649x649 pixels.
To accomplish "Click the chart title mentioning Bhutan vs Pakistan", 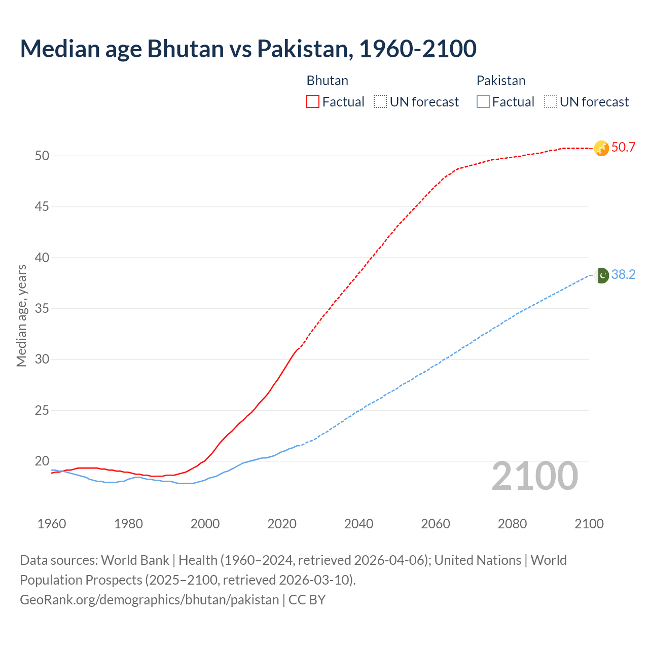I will (x=248, y=49).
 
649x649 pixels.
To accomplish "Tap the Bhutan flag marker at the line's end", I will (x=601, y=148).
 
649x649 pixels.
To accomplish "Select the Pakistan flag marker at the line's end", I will (x=602, y=275).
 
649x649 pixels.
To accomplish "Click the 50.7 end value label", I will (x=623, y=148).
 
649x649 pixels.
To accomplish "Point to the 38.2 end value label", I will (x=623, y=275).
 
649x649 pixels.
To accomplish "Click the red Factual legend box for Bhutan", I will (x=313, y=102).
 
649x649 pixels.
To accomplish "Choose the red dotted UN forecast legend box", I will (x=380, y=102).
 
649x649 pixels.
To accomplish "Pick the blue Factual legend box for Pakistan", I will (x=483, y=102).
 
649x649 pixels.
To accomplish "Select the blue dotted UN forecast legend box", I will (x=551, y=102).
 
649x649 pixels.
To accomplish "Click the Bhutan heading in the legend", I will (x=327, y=81).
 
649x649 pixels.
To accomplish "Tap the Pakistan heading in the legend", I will (x=500, y=81).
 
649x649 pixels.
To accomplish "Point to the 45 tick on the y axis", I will (x=42, y=207).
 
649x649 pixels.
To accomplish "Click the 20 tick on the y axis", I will (x=42, y=461).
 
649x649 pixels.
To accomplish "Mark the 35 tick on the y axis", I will (x=42, y=309).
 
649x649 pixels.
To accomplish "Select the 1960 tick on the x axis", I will (x=52, y=524).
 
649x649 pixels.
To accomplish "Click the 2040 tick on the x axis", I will (x=358, y=524).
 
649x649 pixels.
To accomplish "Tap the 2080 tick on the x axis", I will (x=512, y=524).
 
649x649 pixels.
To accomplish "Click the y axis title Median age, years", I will (x=21, y=315).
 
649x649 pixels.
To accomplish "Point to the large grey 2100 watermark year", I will (x=534, y=476).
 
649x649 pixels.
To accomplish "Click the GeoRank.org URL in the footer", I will (x=149, y=600).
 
